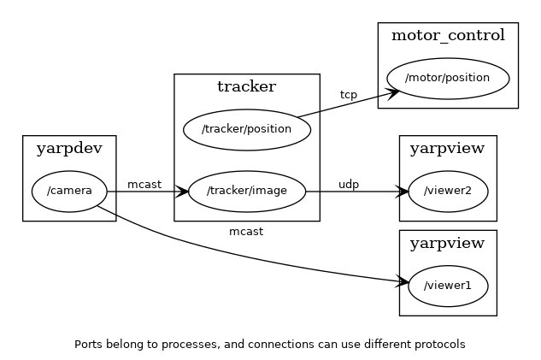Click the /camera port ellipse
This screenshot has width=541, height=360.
click(69, 192)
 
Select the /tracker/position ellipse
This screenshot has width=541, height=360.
click(246, 130)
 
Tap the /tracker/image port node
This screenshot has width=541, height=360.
click(246, 192)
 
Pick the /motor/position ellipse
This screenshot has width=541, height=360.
click(447, 79)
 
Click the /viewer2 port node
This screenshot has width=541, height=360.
click(447, 192)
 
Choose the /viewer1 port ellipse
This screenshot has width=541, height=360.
click(447, 286)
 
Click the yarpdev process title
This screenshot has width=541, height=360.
click(69, 149)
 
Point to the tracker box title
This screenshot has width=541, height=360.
click(246, 87)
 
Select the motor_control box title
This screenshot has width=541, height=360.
click(447, 36)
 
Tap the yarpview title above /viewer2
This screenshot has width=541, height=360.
click(447, 149)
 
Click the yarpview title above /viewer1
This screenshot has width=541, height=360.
click(447, 243)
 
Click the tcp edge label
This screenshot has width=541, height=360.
click(349, 95)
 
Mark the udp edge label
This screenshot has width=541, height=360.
click(349, 184)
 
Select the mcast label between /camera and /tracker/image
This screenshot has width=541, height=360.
click(144, 184)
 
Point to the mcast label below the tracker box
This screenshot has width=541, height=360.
click(246, 232)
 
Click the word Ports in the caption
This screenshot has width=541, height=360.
click(89, 345)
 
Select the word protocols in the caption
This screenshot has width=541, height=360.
click(439, 345)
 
